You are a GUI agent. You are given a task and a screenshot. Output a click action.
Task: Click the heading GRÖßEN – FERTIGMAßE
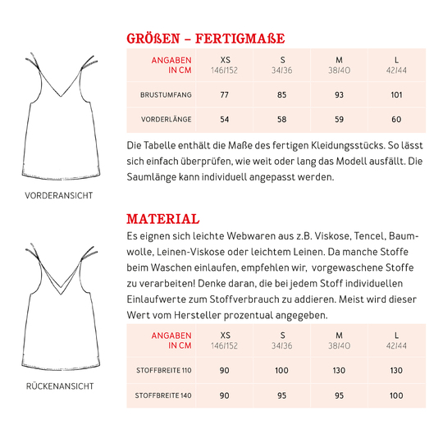[205, 38]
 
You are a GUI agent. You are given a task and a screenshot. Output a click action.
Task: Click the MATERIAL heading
[162, 219]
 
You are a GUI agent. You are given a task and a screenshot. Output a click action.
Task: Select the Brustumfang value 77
[225, 95]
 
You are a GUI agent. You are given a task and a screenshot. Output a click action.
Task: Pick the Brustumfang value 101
[397, 95]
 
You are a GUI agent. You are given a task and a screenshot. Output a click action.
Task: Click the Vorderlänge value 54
[225, 120]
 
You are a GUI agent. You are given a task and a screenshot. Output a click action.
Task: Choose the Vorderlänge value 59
[340, 120]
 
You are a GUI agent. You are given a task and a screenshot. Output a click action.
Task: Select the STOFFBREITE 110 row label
[164, 371]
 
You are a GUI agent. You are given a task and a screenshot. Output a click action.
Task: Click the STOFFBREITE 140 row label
[164, 395]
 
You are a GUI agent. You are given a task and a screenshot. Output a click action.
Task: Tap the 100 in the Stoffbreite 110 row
[282, 371]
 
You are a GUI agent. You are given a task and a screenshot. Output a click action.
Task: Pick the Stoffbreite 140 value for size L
[397, 395]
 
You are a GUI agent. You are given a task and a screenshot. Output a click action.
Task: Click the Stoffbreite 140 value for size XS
[225, 395]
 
